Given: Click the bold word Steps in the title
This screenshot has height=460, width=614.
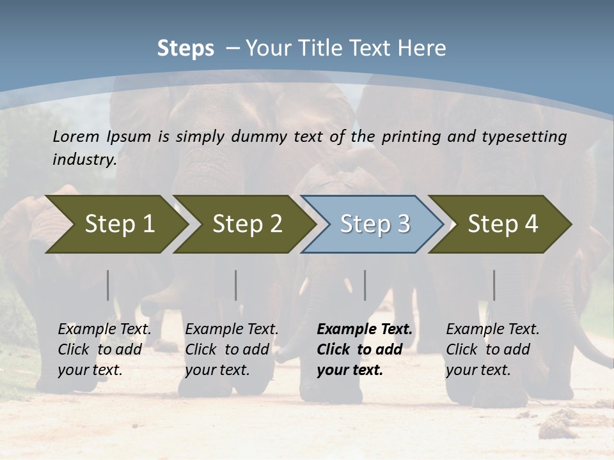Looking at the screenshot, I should click(x=185, y=48).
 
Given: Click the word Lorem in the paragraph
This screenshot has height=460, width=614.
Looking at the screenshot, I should click(x=76, y=136).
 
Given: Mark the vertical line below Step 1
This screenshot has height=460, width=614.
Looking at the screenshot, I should click(x=108, y=285).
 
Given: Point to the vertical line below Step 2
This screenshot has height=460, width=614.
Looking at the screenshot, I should click(x=236, y=285).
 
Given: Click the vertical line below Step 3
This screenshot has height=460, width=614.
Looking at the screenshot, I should click(x=365, y=285).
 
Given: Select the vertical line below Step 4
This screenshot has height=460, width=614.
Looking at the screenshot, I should click(x=494, y=285).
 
